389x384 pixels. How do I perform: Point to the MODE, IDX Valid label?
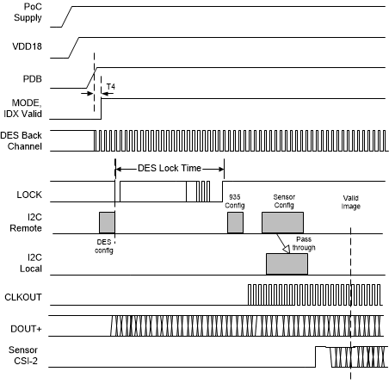[x=25, y=108]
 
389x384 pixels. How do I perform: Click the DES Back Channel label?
[x=25, y=140]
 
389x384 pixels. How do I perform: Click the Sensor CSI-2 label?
[x=25, y=356]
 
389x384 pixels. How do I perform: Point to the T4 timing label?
[x=109, y=87]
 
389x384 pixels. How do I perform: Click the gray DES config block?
[x=107, y=222]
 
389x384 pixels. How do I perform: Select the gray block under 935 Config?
[x=235, y=223]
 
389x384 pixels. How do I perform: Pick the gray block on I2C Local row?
[x=286, y=264]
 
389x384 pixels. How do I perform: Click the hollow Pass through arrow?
[x=281, y=243]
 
